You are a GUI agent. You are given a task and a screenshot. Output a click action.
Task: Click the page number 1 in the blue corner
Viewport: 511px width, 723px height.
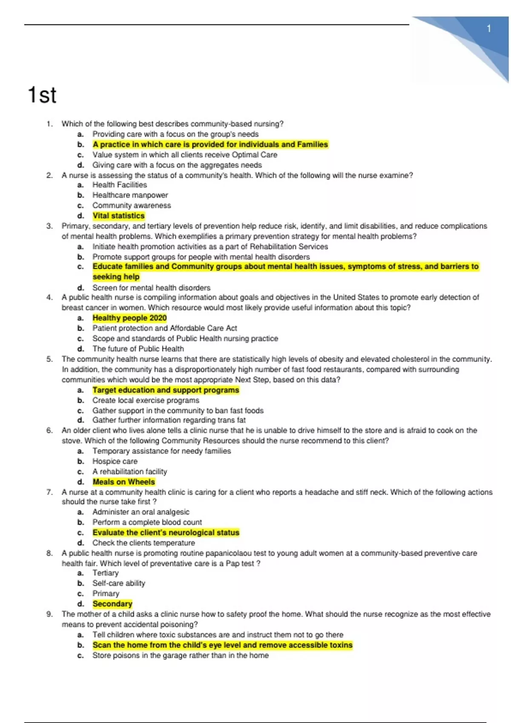pyautogui.click(x=489, y=28)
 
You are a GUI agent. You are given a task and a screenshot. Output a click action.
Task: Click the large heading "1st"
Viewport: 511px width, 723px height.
pyautogui.click(x=42, y=95)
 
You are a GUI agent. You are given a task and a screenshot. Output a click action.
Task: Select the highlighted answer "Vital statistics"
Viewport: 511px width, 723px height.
pyautogui.click(x=118, y=216)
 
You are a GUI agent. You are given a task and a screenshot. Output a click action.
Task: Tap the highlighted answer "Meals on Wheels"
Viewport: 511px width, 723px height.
pyautogui.click(x=123, y=482)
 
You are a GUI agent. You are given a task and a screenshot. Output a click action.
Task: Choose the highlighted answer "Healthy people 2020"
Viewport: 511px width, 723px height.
pyautogui.click(x=129, y=318)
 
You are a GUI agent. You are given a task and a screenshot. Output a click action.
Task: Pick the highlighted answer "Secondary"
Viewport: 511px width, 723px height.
pyautogui.click(x=112, y=604)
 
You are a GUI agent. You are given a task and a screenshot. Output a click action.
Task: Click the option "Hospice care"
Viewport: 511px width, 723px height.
pyautogui.click(x=115, y=461)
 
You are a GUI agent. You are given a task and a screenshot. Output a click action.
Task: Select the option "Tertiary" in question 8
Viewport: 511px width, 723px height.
pyautogui.click(x=106, y=573)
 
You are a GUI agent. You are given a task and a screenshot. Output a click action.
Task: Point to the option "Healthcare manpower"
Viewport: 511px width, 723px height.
pyautogui.click(x=130, y=195)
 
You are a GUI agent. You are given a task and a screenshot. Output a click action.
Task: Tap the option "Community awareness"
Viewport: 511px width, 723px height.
pyautogui.click(x=132, y=205)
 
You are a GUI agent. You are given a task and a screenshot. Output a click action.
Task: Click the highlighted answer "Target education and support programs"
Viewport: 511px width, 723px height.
pyautogui.click(x=166, y=390)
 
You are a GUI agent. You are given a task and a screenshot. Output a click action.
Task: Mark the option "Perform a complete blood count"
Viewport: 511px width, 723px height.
pyautogui.click(x=147, y=522)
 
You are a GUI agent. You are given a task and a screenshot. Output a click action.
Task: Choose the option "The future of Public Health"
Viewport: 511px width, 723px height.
pyautogui.click(x=138, y=349)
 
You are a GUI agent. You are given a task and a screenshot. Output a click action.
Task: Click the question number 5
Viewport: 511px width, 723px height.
pyautogui.click(x=49, y=359)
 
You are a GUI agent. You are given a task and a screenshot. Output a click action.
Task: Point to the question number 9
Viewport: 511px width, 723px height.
pyautogui.click(x=49, y=614)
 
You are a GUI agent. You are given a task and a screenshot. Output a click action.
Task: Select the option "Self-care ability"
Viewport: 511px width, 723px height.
pyautogui.click(x=119, y=583)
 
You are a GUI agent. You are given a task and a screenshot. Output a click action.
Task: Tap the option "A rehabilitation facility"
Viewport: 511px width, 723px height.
pyautogui.click(x=130, y=471)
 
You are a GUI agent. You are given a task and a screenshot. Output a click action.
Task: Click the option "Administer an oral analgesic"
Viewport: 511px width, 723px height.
pyautogui.click(x=141, y=512)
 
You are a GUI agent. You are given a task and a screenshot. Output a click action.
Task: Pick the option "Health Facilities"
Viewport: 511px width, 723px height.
pyautogui.click(x=120, y=185)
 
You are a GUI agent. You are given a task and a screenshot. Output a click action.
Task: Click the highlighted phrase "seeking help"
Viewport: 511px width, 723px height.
pyautogui.click(x=116, y=277)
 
